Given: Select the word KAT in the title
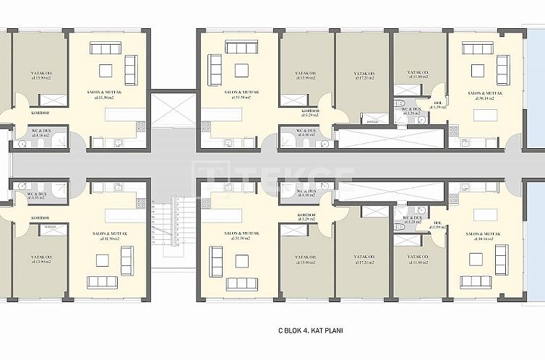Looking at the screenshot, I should click(x=319, y=330).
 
